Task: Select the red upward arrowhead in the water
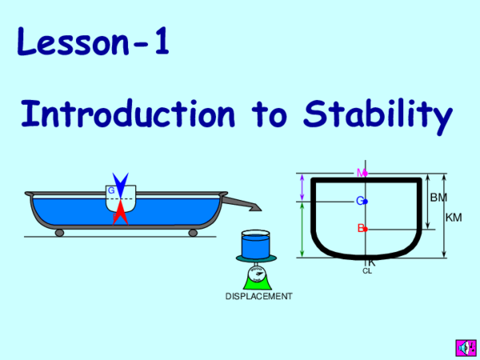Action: [120, 212]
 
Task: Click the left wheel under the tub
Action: [59, 233]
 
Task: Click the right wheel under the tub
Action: [193, 233]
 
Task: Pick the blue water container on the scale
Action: [256, 243]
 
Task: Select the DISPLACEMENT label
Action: [258, 297]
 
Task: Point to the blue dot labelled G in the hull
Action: [364, 201]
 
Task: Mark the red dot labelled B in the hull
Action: [364, 229]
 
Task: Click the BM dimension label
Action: [438, 197]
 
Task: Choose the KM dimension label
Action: [454, 217]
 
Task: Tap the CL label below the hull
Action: [367, 271]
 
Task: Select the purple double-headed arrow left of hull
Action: [302, 187]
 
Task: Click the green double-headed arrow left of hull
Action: [302, 230]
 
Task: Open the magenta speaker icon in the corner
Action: [463, 346]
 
